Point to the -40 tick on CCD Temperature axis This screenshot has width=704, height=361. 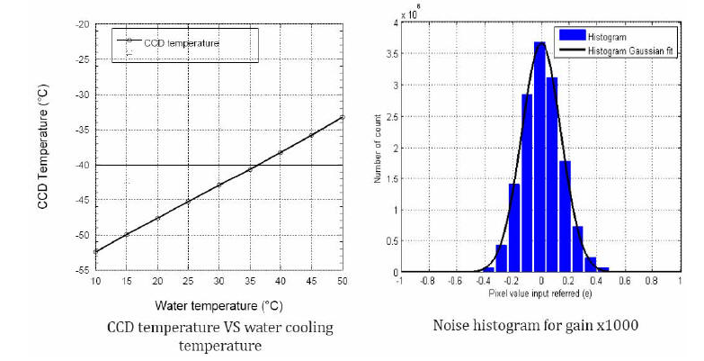[83, 165]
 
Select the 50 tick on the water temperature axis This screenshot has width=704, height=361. [343, 280]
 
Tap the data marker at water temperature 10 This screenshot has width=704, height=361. [96, 251]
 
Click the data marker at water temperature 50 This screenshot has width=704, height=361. [343, 117]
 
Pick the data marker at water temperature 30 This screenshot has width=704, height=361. [219, 185]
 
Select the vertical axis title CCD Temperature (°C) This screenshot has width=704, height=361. [42, 149]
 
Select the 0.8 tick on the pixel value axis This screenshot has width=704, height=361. [652, 281]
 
